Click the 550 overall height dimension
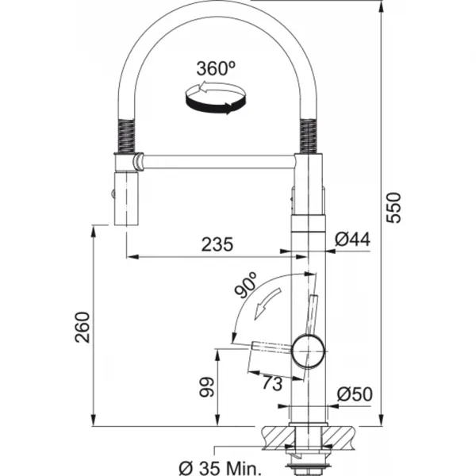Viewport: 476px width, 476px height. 393,208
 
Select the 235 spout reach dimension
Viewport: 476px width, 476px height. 217,244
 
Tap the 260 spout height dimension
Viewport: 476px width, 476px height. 83,327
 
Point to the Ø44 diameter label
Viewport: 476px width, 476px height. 352,240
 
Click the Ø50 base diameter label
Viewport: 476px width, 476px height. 355,394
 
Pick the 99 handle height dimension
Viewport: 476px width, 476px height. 207,387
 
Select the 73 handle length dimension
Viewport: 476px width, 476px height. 272,383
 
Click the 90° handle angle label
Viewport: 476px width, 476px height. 246,285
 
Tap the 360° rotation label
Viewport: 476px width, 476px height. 216,68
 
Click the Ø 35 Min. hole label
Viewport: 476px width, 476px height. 220,468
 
